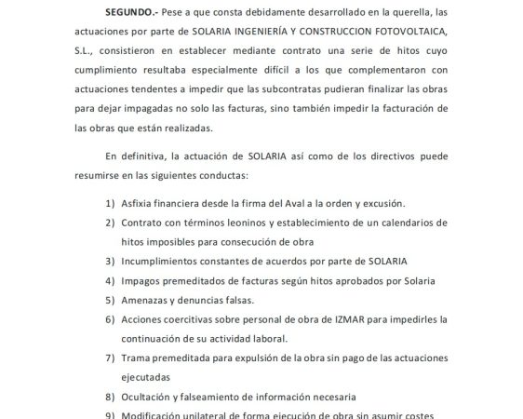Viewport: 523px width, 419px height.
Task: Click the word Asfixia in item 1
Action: (140, 202)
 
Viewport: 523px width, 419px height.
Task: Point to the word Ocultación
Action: (152, 396)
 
